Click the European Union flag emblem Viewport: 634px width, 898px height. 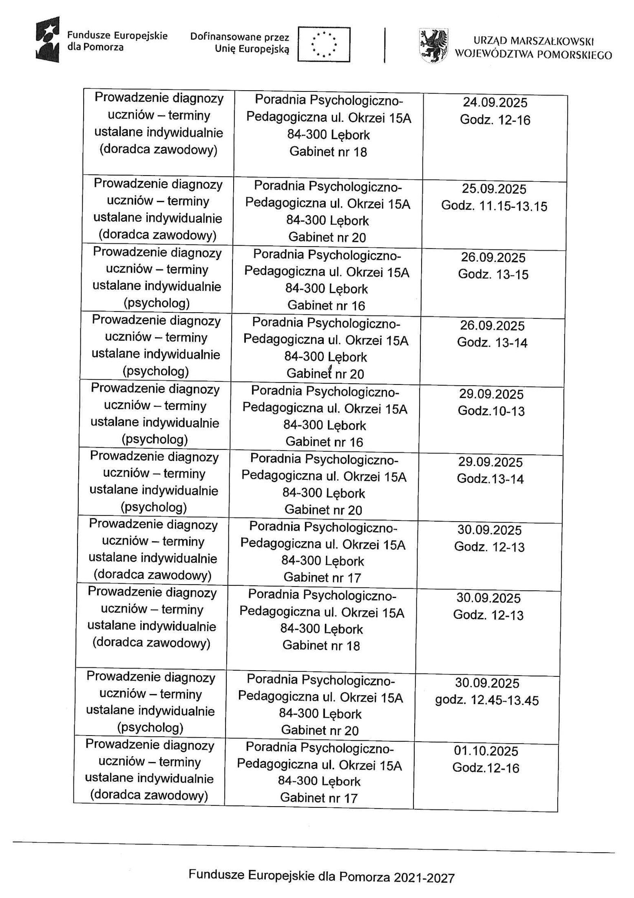[324, 44]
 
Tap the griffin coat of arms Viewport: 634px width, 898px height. [433, 44]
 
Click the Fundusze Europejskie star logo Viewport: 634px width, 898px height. [47, 39]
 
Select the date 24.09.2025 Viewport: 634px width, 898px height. [495, 102]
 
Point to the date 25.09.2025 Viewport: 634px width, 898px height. [494, 189]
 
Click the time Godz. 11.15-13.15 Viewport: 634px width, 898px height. [494, 206]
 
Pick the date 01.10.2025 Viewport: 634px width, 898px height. [486, 751]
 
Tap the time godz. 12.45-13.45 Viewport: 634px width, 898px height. [487, 700]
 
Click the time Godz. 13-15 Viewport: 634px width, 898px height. [493, 274]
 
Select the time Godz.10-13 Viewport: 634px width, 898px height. [491, 411]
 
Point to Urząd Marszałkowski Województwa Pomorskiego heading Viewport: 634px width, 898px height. [533, 48]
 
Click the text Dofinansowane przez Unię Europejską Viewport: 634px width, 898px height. [240, 43]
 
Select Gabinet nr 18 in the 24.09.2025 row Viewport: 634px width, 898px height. [328, 152]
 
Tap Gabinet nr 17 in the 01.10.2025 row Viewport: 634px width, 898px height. [318, 798]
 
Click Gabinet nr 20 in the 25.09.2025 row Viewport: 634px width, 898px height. [327, 237]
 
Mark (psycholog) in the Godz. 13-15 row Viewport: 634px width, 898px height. [157, 303]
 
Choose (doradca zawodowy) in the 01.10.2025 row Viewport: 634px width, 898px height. [149, 795]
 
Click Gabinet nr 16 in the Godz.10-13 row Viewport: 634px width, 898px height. [324, 442]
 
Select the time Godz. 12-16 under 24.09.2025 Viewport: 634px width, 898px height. [495, 120]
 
